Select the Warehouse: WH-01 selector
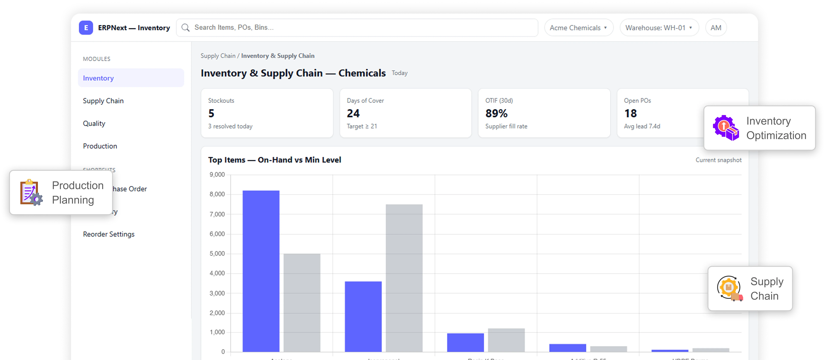click(659, 28)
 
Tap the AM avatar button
click(716, 28)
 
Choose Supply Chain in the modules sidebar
click(103, 101)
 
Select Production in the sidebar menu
click(100, 146)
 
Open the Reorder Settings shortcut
click(109, 234)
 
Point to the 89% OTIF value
click(496, 113)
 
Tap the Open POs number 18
click(630, 113)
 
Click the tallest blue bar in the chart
click(261, 271)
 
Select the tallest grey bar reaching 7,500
click(404, 278)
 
